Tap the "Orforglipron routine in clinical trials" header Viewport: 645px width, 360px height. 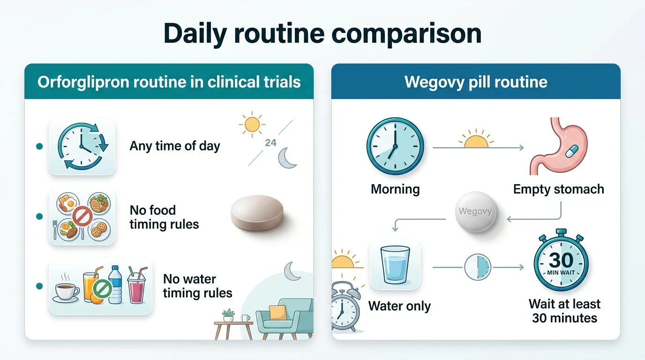pyautogui.click(x=169, y=82)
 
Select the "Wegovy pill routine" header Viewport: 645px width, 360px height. pyautogui.click(x=476, y=82)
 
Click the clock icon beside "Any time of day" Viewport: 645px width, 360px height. pyautogui.click(x=82, y=146)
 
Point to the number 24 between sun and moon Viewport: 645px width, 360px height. pyautogui.click(x=270, y=142)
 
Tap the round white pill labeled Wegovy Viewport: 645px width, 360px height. pyautogui.click(x=475, y=211)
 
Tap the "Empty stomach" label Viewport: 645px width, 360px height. pyautogui.click(x=558, y=189)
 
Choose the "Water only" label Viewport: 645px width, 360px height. pyautogui.click(x=399, y=306)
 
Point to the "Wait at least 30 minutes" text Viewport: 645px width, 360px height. pyautogui.click(x=564, y=311)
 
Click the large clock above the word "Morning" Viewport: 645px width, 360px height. pyautogui.click(x=395, y=146)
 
